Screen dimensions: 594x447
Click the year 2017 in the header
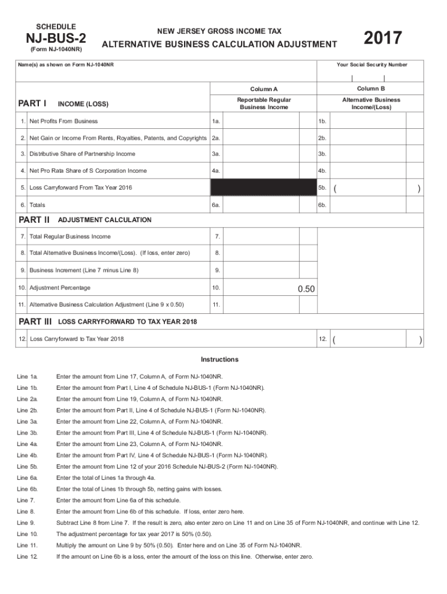click(383, 39)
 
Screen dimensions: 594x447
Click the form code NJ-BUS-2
click(56, 39)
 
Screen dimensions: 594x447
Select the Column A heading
click(264, 89)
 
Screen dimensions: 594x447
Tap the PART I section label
click(33, 103)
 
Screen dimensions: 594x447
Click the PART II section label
click(34, 220)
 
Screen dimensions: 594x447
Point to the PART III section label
click(35, 321)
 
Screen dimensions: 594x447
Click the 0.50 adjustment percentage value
click(306, 289)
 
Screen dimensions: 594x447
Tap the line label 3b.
click(323, 154)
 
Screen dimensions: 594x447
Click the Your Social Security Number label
click(372, 64)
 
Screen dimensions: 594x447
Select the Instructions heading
click(219, 359)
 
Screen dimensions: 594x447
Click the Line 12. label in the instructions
click(27, 556)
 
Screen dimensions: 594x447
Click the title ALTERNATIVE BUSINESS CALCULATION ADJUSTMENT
click(219, 45)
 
